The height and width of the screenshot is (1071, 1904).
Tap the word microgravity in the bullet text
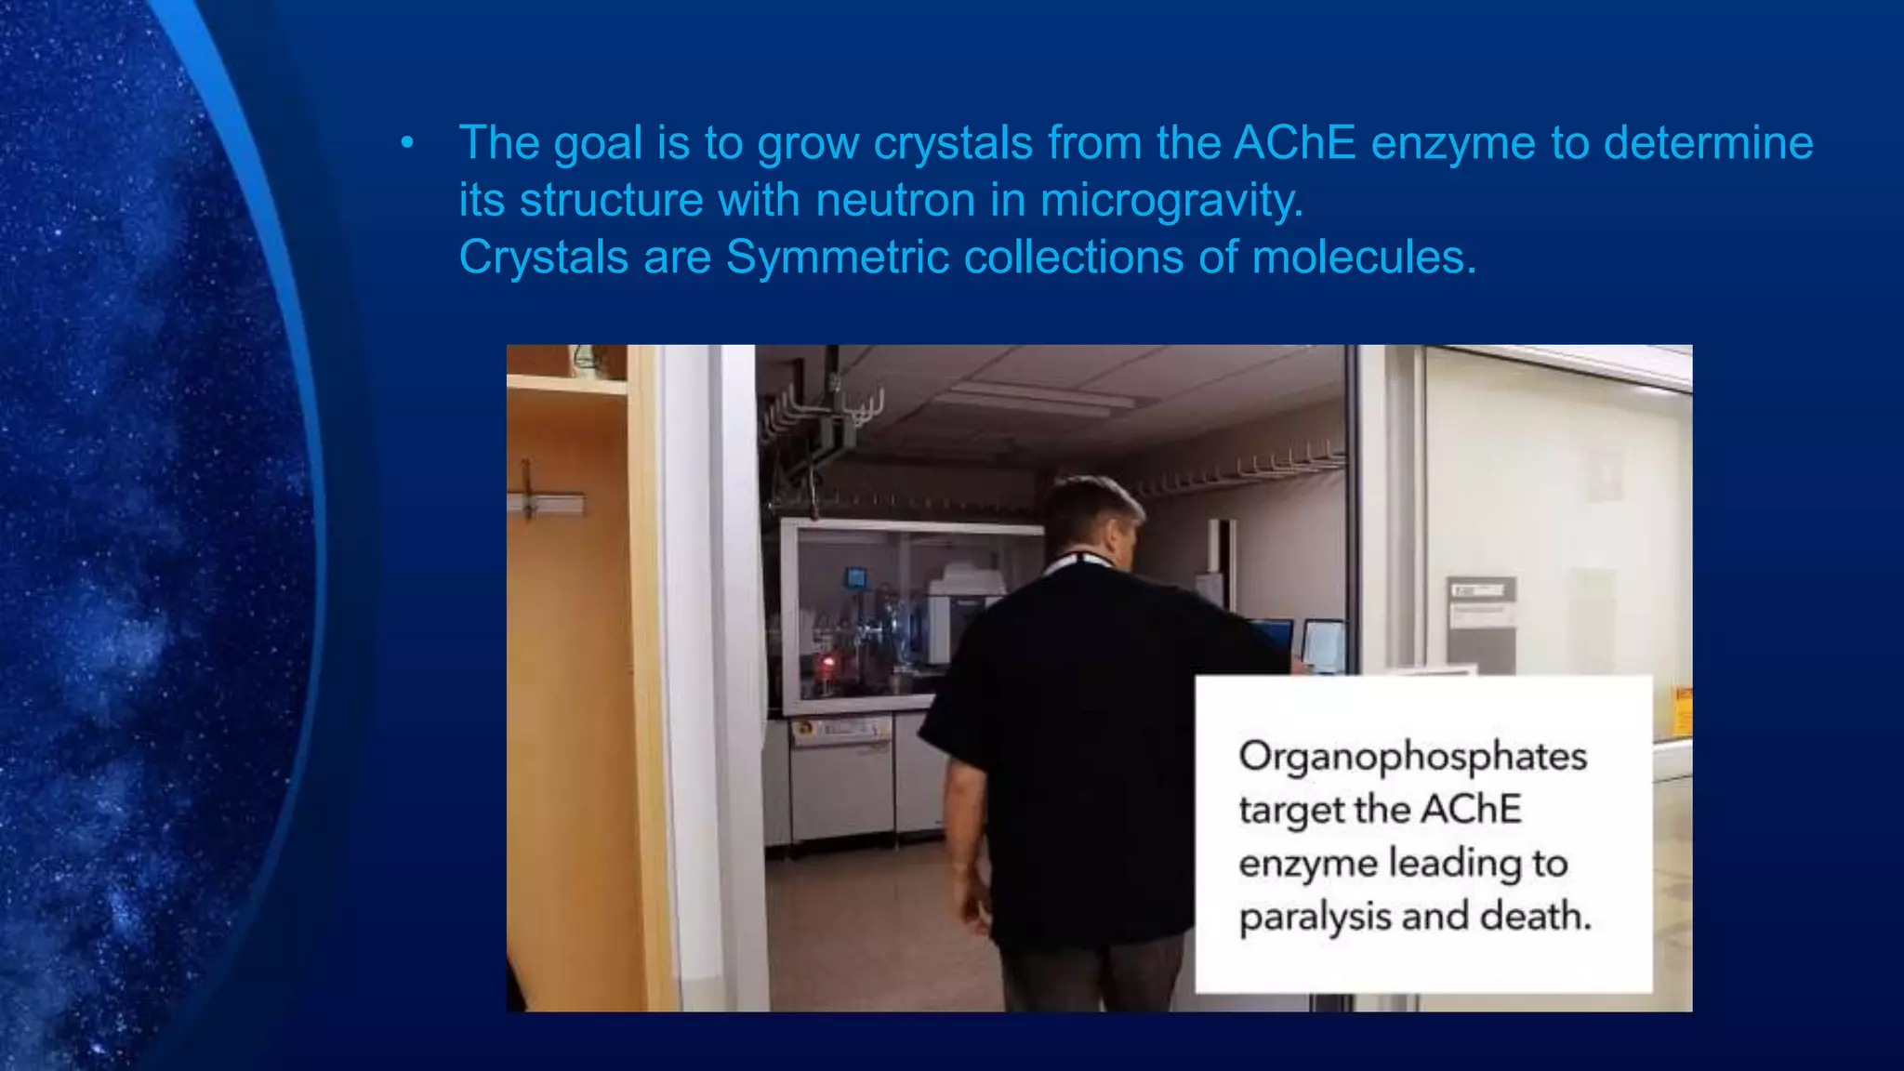click(1171, 201)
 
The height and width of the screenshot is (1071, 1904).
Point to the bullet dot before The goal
click(406, 144)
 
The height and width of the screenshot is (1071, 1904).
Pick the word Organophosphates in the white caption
click(1412, 757)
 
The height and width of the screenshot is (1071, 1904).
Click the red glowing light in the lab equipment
click(824, 664)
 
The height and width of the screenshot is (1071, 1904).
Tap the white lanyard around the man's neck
click(1078, 562)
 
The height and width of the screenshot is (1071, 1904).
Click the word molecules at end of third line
click(1363, 258)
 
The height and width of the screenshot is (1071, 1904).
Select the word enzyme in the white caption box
click(1307, 864)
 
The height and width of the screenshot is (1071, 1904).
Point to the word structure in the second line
click(611, 201)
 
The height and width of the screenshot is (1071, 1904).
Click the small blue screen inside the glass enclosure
click(855, 578)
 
